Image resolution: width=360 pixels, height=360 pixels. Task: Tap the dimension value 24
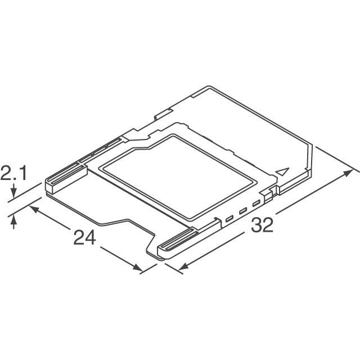(85, 238)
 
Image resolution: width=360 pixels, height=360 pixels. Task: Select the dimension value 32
(262, 226)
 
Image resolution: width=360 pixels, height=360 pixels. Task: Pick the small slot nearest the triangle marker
(256, 203)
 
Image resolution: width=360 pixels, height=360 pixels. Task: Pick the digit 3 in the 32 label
(256, 226)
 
